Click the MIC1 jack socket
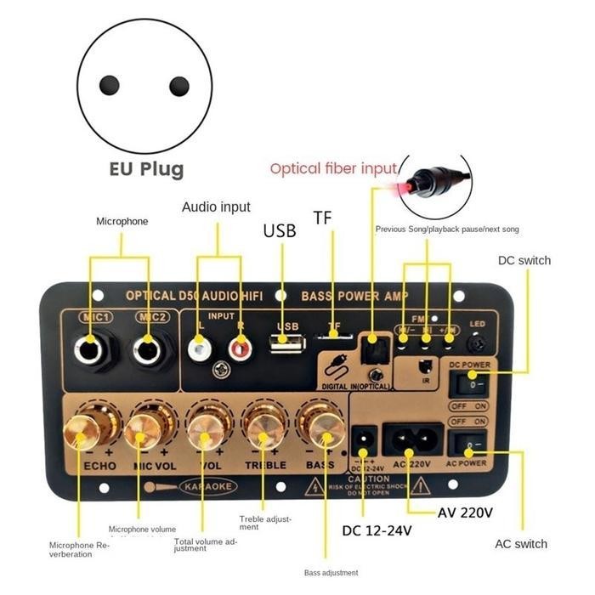91,348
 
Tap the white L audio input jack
199,347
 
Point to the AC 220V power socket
412,439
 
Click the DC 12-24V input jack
363,439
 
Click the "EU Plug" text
146,168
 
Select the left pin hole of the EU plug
109,85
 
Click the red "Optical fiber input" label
333,168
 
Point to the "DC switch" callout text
524,260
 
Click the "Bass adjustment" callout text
331,572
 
